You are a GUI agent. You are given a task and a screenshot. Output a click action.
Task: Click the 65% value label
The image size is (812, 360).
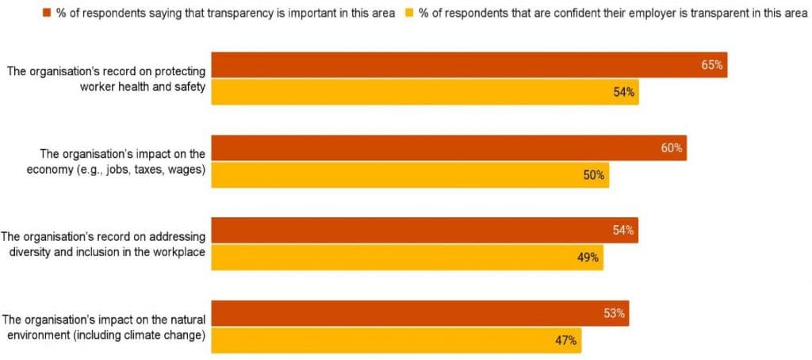(x=711, y=65)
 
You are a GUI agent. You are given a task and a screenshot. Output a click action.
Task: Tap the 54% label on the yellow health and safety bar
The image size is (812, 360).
(x=623, y=93)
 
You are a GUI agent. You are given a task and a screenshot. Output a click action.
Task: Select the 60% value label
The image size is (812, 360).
(x=671, y=148)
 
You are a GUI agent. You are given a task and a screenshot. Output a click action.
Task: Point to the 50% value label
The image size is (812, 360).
(x=594, y=175)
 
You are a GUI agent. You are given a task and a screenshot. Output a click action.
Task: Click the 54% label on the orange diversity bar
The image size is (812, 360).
(x=622, y=231)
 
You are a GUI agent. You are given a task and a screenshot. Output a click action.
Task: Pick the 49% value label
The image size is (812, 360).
(x=588, y=258)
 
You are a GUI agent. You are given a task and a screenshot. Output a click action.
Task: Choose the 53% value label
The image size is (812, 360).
(x=614, y=313)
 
